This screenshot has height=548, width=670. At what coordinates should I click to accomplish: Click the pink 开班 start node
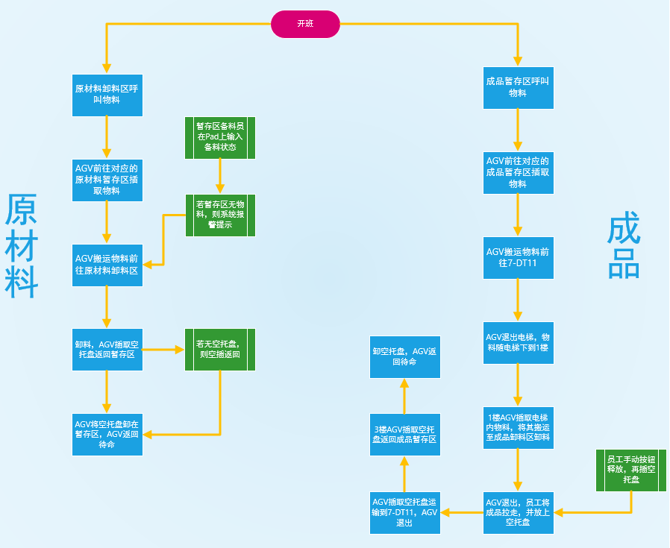305,24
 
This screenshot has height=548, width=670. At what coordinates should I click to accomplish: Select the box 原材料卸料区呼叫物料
107,95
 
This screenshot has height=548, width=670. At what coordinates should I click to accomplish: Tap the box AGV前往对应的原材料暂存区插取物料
107,180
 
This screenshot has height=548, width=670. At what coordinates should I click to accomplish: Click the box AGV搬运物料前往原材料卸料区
107,264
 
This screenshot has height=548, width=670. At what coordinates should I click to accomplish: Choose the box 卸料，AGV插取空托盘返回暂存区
107,349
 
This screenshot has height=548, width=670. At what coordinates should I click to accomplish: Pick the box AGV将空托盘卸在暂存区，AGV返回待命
107,434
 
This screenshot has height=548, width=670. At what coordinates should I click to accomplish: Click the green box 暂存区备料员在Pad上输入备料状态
220,137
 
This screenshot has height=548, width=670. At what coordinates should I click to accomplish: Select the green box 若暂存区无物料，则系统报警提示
220,215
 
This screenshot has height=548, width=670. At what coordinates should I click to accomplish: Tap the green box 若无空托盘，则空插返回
220,349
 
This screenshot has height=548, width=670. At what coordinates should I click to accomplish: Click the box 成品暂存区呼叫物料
518,87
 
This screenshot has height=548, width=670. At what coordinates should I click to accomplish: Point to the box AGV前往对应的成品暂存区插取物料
518,172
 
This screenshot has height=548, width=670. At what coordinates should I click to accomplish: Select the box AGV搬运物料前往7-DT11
518,257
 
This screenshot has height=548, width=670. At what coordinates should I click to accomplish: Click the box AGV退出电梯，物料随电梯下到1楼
518,342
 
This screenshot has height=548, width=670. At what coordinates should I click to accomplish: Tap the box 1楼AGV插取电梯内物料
518,427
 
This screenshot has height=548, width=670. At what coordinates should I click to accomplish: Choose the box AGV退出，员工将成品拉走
518,512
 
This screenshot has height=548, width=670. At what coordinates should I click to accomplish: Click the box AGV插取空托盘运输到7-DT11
405,512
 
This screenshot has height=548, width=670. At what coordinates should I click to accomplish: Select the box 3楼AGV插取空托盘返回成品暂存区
405,435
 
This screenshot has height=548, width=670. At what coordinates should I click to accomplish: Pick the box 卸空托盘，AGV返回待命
405,356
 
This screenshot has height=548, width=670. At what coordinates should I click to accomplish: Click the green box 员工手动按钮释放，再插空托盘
630,470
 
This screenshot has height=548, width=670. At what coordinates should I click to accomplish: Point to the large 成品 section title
624,247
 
